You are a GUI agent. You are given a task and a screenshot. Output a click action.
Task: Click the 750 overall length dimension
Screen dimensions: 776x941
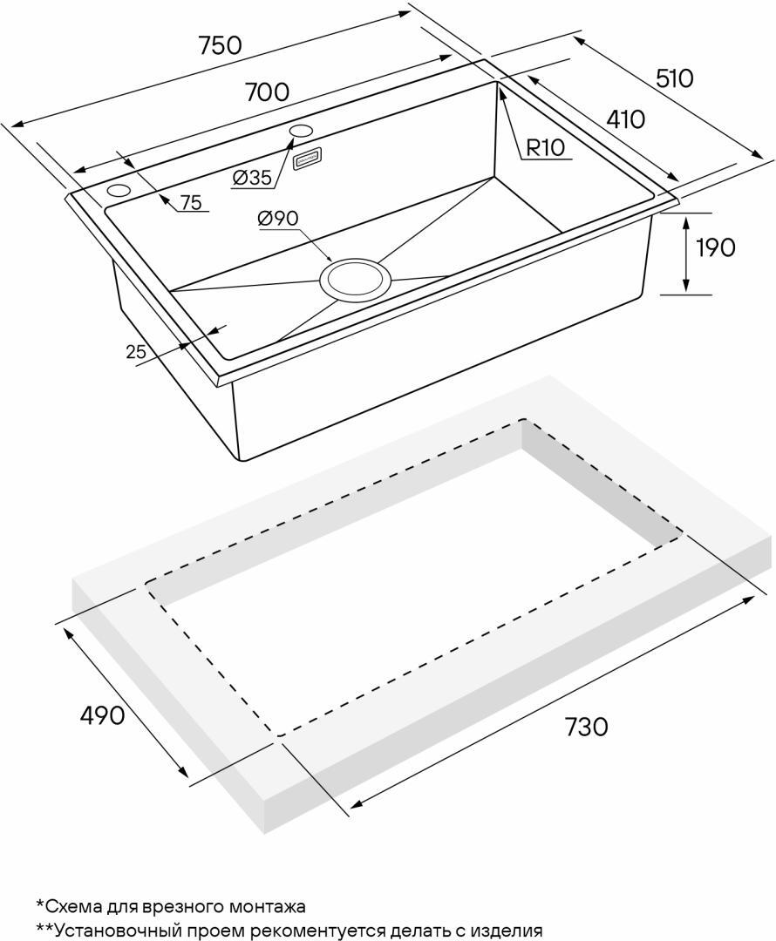click(x=221, y=45)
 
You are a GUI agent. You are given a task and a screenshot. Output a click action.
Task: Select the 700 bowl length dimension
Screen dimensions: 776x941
click(x=268, y=91)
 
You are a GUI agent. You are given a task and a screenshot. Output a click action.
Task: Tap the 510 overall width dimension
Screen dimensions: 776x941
click(x=674, y=78)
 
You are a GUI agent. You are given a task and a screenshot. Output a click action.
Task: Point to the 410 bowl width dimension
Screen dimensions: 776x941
click(x=626, y=119)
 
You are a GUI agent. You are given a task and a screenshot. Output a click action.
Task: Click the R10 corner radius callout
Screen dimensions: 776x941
click(x=545, y=147)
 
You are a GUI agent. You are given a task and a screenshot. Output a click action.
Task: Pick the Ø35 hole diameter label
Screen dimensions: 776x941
click(x=252, y=177)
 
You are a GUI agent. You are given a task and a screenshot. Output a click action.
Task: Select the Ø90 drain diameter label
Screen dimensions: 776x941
click(x=277, y=219)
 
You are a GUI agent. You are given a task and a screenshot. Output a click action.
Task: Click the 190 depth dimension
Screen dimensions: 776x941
click(x=715, y=247)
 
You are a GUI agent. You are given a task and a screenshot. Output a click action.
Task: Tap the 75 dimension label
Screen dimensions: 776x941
click(x=190, y=203)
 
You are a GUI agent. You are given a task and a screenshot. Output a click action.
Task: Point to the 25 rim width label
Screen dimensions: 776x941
click(x=136, y=352)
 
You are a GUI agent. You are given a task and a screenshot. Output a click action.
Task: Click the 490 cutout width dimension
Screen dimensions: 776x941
click(x=102, y=714)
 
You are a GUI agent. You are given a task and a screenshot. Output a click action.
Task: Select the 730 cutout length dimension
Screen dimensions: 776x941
click(x=586, y=727)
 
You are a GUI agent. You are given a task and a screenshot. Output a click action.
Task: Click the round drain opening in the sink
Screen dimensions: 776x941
click(x=355, y=280)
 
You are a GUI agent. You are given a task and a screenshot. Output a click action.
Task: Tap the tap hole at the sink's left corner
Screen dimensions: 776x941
click(x=119, y=192)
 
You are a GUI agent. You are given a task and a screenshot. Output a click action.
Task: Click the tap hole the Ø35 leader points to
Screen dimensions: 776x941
click(x=301, y=130)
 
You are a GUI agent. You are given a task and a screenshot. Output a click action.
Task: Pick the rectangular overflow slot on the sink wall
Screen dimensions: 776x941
click(x=308, y=158)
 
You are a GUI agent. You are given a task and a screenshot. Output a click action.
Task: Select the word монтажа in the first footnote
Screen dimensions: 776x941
click(x=268, y=906)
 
